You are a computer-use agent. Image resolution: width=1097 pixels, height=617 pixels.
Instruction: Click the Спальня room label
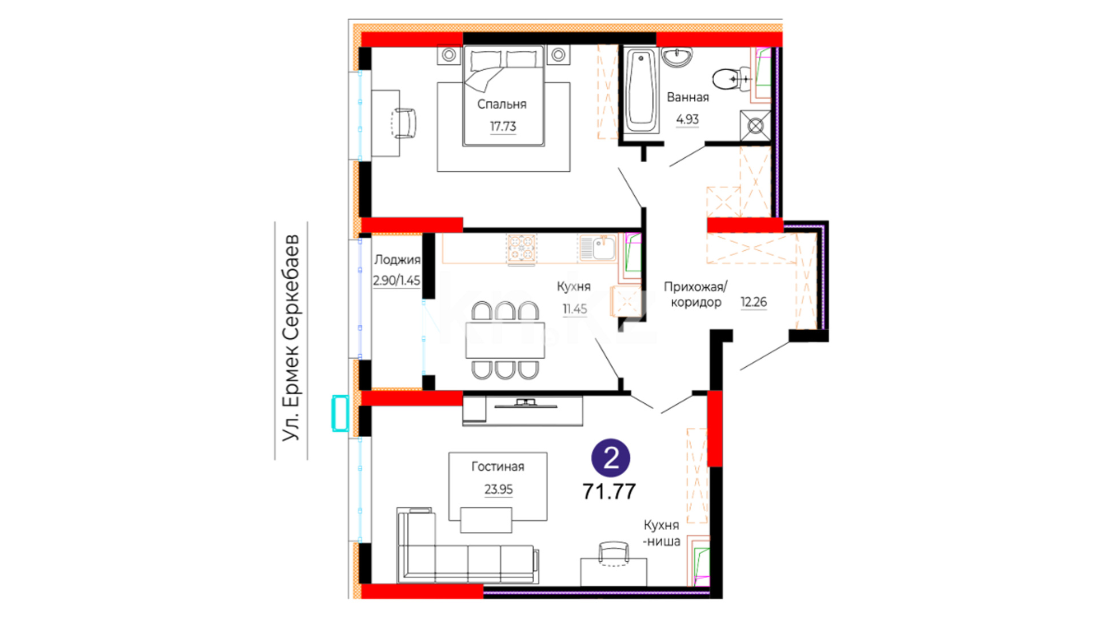(x=502, y=104)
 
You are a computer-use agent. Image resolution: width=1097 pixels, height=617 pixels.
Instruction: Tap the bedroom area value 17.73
(x=503, y=126)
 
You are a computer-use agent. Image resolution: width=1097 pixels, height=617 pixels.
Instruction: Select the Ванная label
(x=688, y=97)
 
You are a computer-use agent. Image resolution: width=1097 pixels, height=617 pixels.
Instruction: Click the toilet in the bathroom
(x=731, y=79)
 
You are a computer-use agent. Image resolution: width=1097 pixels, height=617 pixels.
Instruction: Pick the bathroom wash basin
(x=677, y=57)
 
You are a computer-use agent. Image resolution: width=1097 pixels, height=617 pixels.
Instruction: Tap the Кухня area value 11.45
(x=575, y=309)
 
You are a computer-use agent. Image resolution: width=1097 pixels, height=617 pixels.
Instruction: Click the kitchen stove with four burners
(x=521, y=249)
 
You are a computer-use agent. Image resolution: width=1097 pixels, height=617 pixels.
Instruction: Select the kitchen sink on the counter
(x=597, y=248)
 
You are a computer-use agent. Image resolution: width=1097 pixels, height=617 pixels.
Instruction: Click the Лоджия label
(x=397, y=260)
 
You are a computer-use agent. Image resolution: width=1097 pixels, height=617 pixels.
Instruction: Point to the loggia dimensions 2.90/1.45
(x=397, y=281)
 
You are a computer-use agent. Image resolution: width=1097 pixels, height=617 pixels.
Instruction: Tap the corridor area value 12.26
(x=754, y=302)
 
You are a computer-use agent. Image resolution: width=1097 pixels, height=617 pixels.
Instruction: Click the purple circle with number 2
(x=611, y=458)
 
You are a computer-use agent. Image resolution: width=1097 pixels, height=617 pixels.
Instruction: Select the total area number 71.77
(x=609, y=491)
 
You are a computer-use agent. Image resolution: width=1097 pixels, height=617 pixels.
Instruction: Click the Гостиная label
(x=498, y=467)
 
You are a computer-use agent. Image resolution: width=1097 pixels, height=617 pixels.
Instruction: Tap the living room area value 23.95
(x=499, y=490)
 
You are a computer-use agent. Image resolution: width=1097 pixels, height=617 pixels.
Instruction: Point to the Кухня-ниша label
(x=662, y=533)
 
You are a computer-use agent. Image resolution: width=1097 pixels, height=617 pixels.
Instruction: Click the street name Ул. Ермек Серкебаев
(x=291, y=338)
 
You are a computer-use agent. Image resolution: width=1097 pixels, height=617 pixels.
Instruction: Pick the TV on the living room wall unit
(x=526, y=404)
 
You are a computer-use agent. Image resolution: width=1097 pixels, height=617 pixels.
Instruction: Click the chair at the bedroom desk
(x=405, y=123)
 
